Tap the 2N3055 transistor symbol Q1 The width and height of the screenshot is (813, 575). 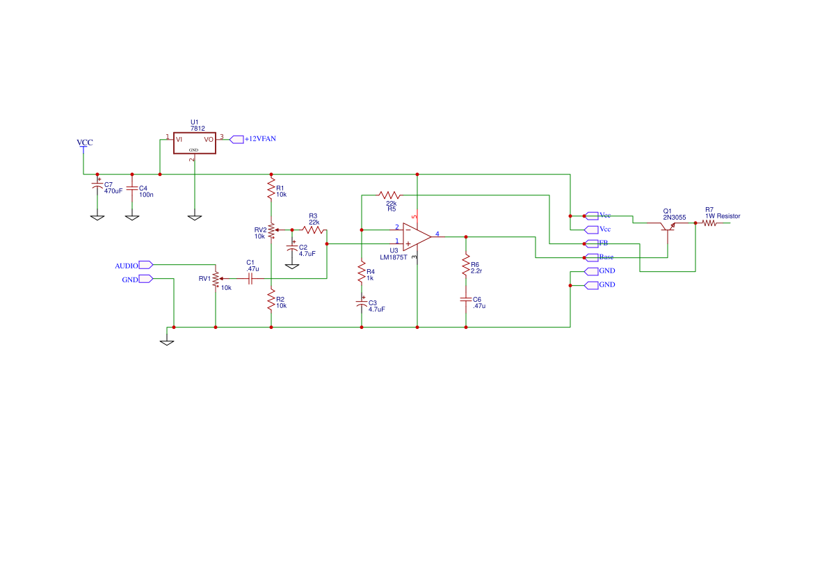click(667, 227)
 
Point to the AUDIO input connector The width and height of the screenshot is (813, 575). click(145, 265)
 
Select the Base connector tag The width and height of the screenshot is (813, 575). click(593, 257)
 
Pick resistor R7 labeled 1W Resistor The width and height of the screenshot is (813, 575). click(709, 223)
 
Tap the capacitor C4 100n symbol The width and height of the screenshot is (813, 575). click(132, 188)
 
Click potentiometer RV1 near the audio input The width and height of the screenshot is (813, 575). click(216, 278)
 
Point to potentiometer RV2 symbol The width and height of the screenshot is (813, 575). click(271, 229)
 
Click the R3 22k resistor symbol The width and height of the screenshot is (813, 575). click(314, 229)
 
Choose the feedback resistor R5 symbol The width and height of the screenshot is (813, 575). click(389, 195)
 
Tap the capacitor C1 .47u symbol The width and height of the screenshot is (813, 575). click(250, 278)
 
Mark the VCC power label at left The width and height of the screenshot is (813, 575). click(84, 143)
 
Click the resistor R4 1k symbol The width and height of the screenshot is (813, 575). click(361, 272)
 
